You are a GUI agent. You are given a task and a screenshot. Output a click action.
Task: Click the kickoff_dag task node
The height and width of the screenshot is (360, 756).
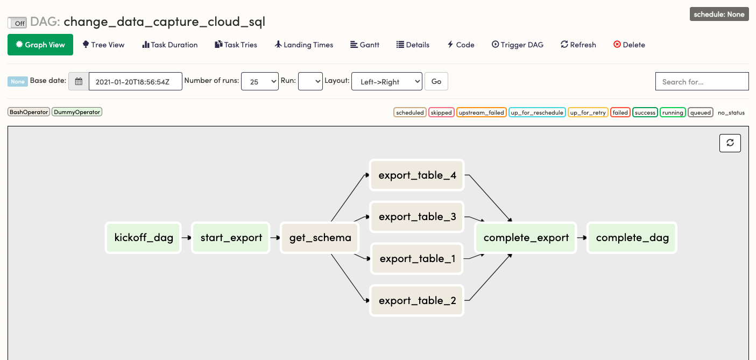pyautogui.click(x=144, y=237)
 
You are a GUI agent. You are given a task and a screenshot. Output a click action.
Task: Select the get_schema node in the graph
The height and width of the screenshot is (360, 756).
pyautogui.click(x=320, y=237)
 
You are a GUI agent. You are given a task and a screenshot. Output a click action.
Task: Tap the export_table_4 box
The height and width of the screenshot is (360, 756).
pyautogui.click(x=417, y=175)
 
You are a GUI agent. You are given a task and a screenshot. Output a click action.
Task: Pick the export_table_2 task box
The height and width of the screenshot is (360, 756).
pyautogui.click(x=417, y=300)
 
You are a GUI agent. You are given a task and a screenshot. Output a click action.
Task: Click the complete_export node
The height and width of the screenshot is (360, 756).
pyautogui.click(x=526, y=237)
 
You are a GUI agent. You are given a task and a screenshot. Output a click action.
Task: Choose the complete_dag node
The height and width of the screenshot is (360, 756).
pyautogui.click(x=632, y=237)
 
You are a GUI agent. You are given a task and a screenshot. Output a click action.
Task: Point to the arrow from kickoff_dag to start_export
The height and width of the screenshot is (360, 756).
pyautogui.click(x=186, y=237)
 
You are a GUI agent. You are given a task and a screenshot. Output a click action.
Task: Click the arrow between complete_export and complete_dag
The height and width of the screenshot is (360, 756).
pyautogui.click(x=582, y=237)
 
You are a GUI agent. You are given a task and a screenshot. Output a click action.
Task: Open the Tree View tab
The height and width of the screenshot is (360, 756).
pyautogui.click(x=103, y=45)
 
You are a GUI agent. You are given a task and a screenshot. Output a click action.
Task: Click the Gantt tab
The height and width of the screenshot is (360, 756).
pyautogui.click(x=365, y=45)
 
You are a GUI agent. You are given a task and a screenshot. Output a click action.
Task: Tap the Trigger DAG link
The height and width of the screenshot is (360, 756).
pyautogui.click(x=518, y=45)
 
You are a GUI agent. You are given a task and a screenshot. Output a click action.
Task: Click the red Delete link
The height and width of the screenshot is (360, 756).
pyautogui.click(x=629, y=45)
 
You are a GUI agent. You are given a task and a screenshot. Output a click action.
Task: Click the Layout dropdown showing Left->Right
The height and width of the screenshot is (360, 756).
pyautogui.click(x=386, y=81)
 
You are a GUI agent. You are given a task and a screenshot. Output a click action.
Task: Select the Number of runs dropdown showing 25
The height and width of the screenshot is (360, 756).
pyautogui.click(x=260, y=81)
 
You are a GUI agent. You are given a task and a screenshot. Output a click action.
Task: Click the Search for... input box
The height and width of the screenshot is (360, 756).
pyautogui.click(x=702, y=81)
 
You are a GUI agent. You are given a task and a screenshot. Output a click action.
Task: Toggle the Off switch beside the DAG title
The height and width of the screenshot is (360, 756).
pyautogui.click(x=17, y=23)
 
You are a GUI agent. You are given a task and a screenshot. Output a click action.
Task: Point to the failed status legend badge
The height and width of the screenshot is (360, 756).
pyautogui.click(x=620, y=112)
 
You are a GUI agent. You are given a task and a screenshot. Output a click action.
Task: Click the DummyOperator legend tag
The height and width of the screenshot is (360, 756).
pyautogui.click(x=77, y=112)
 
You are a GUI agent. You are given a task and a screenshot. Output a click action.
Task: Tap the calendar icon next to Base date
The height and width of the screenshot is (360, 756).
pyautogui.click(x=79, y=81)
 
